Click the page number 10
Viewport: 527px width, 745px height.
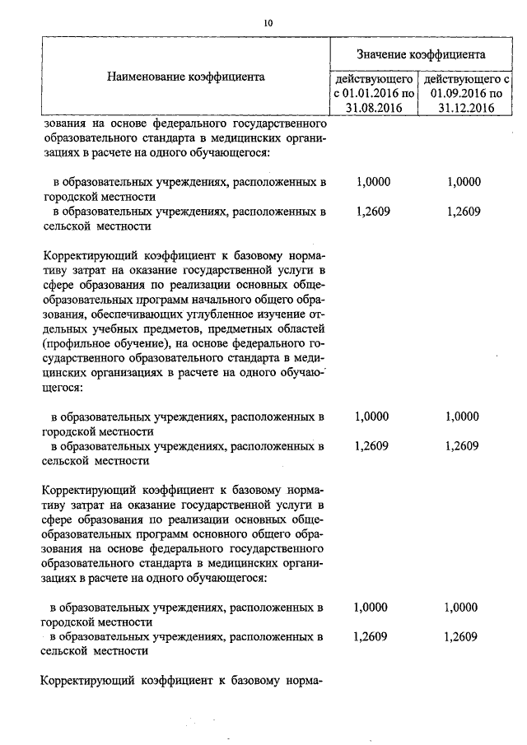(x=268, y=23)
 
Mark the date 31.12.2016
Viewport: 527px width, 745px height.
(x=465, y=107)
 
